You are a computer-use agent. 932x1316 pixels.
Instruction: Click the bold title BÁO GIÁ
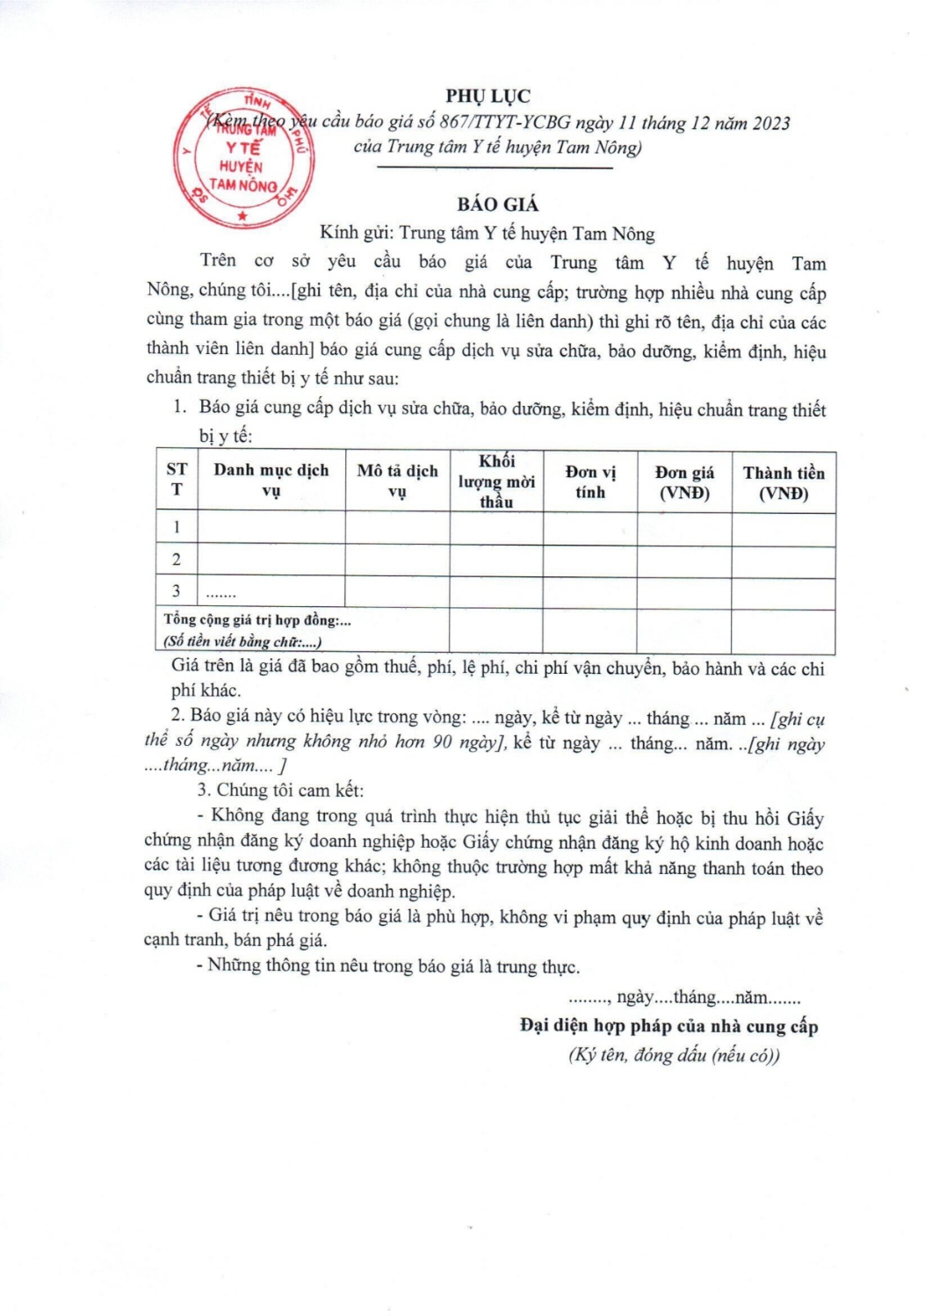(497, 205)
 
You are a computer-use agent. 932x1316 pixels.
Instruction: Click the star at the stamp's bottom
(242, 215)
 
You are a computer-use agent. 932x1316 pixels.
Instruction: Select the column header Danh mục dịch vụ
(271, 481)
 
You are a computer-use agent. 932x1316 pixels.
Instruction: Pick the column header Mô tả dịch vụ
(397, 481)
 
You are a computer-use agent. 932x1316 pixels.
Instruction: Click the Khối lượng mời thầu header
(496, 481)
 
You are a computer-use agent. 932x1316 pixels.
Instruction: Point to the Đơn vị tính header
(590, 481)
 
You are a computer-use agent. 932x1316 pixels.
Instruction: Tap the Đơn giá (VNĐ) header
(684, 482)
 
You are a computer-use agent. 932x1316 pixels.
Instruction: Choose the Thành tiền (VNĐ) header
(784, 482)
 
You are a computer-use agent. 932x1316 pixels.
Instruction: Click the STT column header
(177, 479)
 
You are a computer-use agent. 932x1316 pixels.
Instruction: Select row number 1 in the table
(177, 527)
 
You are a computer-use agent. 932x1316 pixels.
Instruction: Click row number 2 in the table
(177, 560)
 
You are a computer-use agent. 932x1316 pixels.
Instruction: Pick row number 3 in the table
(177, 591)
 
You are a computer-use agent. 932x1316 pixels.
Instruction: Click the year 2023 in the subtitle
(770, 123)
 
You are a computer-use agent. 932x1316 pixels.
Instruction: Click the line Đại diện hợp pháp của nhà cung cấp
(668, 1025)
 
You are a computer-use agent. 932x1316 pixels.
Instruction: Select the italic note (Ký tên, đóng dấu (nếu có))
(674, 1055)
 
